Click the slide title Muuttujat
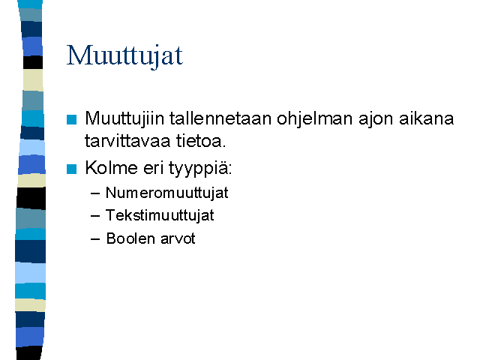point(124,55)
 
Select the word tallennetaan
point(220,118)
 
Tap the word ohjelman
point(315,119)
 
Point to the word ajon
point(376,119)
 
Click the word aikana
point(426,118)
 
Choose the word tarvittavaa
point(127,141)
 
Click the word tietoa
point(201,141)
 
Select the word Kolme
point(112,168)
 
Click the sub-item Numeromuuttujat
point(166,193)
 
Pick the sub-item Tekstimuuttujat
point(160,215)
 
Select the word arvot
point(178,239)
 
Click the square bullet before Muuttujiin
point(72,119)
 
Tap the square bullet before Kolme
point(72,169)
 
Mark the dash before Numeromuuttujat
point(95,193)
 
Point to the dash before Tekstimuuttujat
point(95,216)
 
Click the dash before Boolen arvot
point(95,239)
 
